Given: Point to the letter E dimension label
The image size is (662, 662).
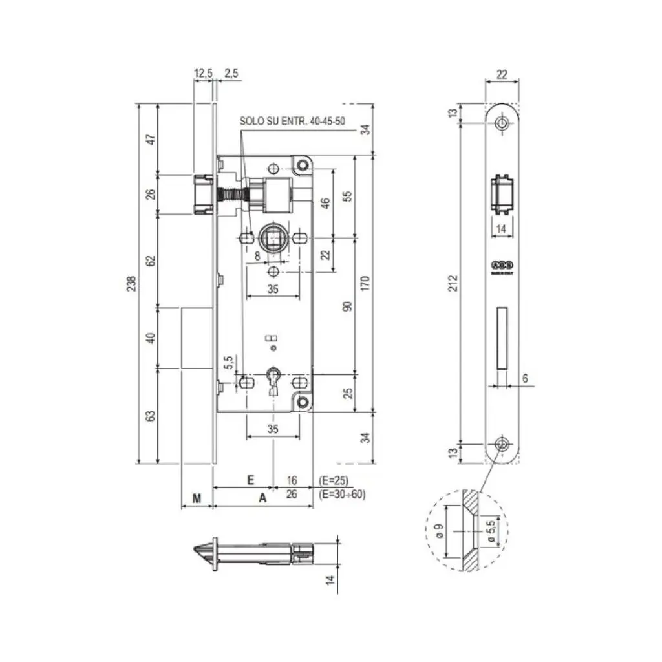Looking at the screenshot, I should click(x=250, y=480).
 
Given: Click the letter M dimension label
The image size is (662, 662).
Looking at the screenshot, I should click(x=197, y=498).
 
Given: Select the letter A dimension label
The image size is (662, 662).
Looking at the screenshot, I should click(x=262, y=498).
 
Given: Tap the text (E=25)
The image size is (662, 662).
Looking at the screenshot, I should click(x=334, y=480).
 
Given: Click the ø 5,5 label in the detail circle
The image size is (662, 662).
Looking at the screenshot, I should click(x=490, y=530).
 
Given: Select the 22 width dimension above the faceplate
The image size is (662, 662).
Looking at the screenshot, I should click(x=501, y=74).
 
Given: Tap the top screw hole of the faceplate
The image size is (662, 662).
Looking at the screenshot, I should click(x=502, y=123).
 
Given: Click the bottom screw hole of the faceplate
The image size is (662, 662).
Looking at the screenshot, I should click(x=502, y=443).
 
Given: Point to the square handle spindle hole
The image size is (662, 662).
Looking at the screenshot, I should click(x=272, y=239).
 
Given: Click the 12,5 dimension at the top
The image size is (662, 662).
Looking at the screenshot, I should click(x=203, y=74).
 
